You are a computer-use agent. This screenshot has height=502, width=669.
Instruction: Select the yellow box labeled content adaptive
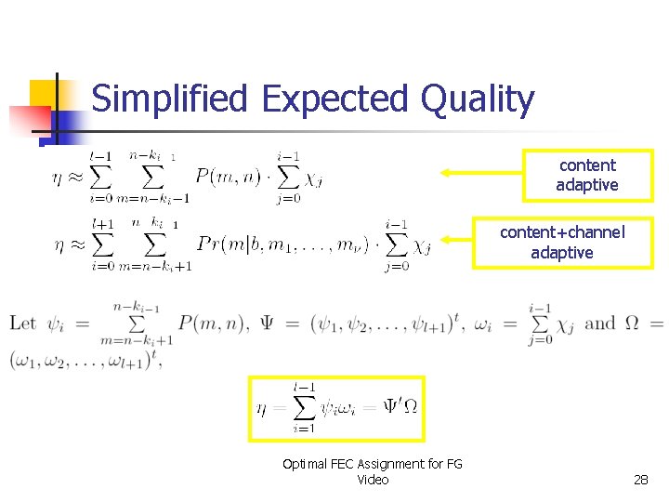pos(587,175)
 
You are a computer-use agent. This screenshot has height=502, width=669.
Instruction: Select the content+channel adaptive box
pos(562,242)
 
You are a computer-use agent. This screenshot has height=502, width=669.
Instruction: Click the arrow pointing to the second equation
pos(457,243)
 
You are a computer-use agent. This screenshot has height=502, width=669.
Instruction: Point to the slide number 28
pos(640,480)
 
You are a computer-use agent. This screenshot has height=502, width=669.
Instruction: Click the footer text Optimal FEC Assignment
pos(373,464)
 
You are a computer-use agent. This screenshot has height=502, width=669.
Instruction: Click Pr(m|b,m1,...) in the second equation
pos(289,244)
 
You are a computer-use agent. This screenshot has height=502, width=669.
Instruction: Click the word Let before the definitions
pos(23,324)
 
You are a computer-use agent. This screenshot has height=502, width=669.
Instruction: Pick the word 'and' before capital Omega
pos(600,324)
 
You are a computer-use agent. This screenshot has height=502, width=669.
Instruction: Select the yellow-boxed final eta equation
pos(336,408)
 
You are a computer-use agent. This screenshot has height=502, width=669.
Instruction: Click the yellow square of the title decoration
pos(44,94)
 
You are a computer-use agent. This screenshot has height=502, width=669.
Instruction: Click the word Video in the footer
pos(373,480)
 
